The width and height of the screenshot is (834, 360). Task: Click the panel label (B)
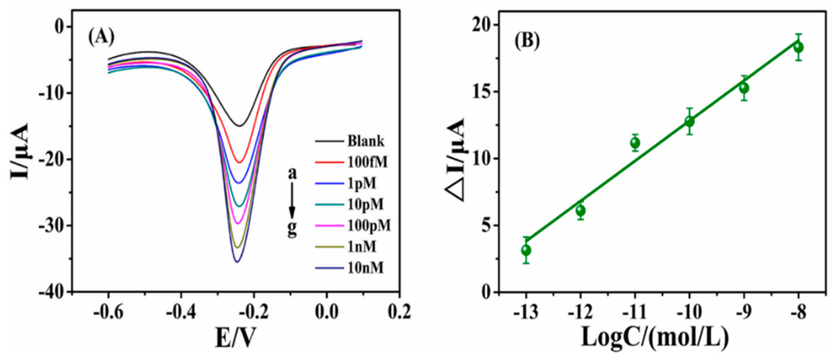pos(522,36)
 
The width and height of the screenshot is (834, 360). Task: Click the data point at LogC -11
pos(635,143)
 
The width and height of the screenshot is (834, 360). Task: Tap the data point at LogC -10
pos(689,121)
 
